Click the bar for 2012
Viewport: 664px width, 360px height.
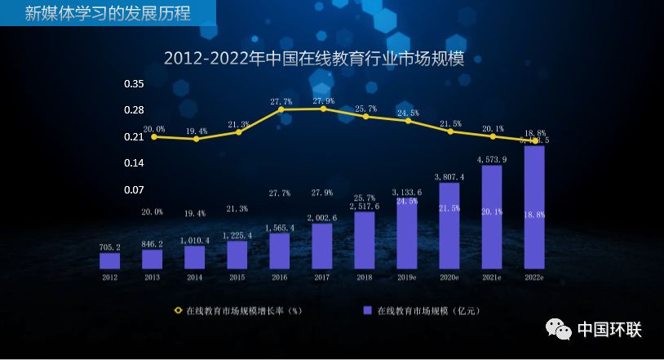coord(109,260)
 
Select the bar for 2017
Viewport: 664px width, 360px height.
coord(321,246)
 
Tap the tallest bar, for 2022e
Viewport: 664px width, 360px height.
coord(534,207)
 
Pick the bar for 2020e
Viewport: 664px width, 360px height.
coord(449,225)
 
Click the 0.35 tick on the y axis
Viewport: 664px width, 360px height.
coord(134,84)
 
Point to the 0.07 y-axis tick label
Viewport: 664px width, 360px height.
coord(134,190)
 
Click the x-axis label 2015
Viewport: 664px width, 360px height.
coord(237,277)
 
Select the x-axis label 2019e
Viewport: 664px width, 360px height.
coord(406,277)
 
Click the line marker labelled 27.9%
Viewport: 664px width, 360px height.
coord(323,109)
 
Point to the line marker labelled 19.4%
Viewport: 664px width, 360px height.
coord(196,139)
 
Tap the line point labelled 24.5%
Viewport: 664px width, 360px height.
coord(408,122)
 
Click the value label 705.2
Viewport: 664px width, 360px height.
coord(109,247)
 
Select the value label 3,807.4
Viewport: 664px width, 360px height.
coord(449,176)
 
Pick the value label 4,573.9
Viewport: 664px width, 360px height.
coord(492,160)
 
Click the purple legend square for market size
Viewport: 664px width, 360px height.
coord(367,310)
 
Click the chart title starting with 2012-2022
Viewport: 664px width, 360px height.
coord(319,58)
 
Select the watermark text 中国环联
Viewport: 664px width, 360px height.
coord(609,330)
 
